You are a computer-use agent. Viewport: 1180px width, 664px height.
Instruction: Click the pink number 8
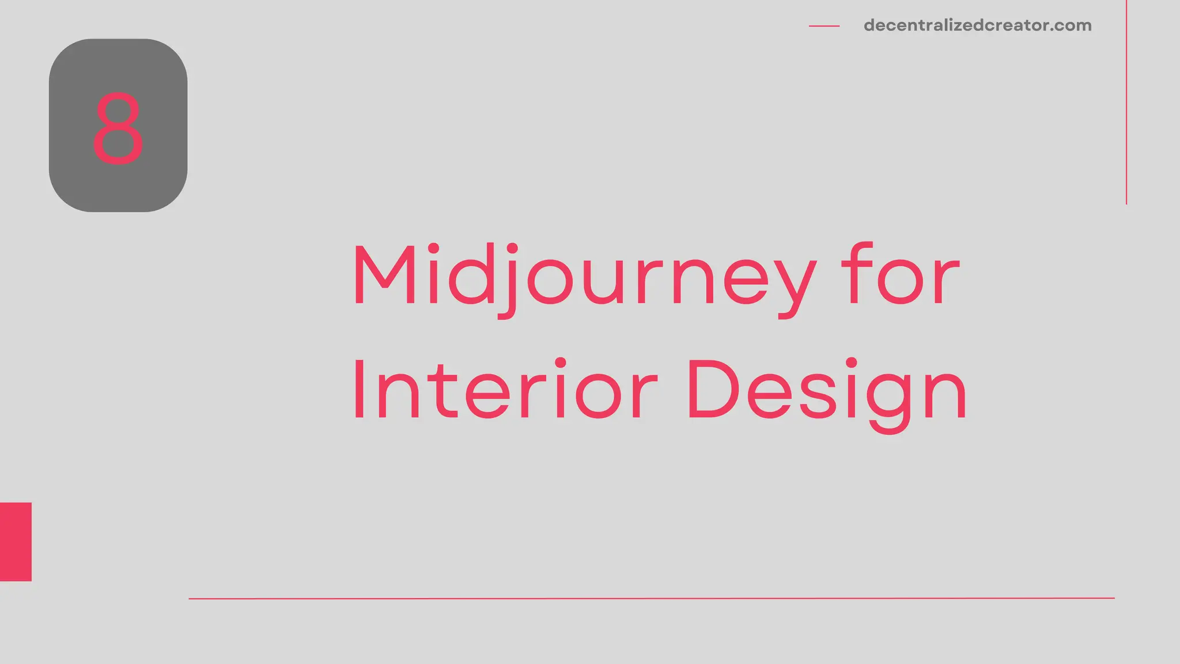tap(118, 128)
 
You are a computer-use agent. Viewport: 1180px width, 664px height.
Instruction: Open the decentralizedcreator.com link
tap(977, 25)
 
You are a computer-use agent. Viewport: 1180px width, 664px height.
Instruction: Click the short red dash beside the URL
tap(824, 26)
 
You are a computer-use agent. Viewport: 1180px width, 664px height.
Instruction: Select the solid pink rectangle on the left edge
tap(16, 541)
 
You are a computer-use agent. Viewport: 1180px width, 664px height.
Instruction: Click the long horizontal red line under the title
tap(651, 598)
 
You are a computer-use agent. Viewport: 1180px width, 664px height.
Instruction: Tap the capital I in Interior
tap(359, 390)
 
